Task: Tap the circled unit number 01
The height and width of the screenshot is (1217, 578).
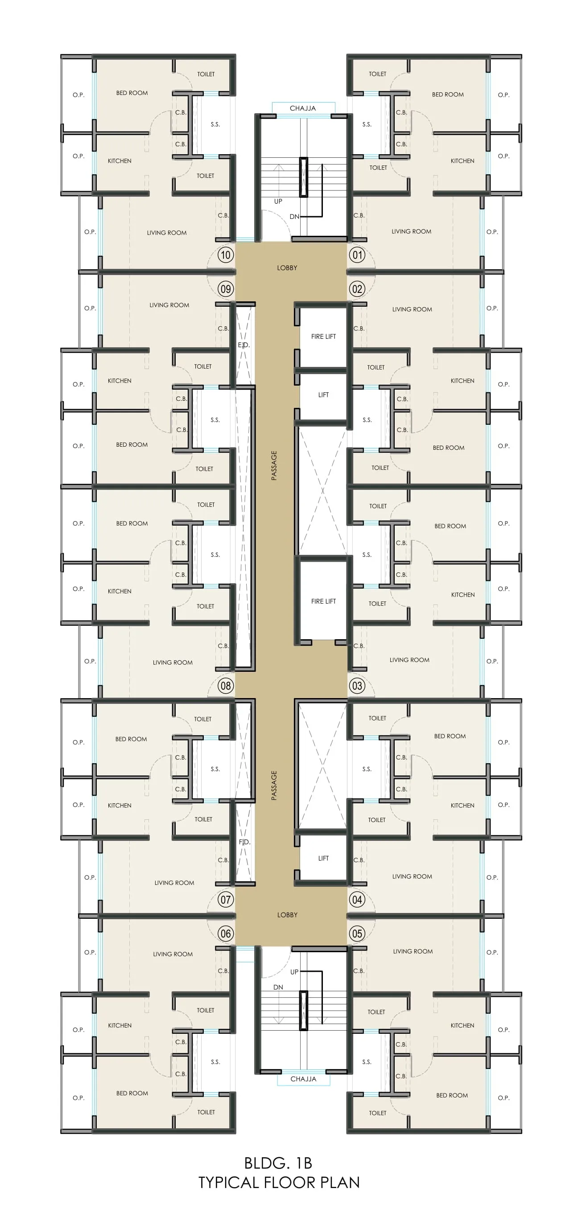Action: coord(357,255)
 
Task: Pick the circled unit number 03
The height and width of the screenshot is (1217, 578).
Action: coord(357,686)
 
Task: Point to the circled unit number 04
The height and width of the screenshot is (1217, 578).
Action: coord(357,900)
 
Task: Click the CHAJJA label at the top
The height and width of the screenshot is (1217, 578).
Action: coord(303,108)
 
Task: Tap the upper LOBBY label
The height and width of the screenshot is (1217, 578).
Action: coord(287,268)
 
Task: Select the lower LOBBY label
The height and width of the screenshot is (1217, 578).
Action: coord(287,915)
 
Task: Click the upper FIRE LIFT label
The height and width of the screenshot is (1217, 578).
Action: coord(323,337)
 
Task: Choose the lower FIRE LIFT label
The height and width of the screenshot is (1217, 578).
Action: coord(323,601)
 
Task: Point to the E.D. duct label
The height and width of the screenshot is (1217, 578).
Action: coord(244,345)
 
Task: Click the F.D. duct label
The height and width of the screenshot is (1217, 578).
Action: coord(244,842)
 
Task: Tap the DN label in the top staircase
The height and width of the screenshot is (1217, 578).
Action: coord(294,216)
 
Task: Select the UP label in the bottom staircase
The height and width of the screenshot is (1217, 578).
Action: coord(294,972)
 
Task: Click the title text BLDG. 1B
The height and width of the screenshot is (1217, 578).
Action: coord(278,1163)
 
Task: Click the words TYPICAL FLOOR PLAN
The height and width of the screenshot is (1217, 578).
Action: coord(279,1183)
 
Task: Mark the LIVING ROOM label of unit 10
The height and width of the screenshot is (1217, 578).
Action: coord(167,232)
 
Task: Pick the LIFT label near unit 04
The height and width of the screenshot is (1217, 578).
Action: coord(323,858)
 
